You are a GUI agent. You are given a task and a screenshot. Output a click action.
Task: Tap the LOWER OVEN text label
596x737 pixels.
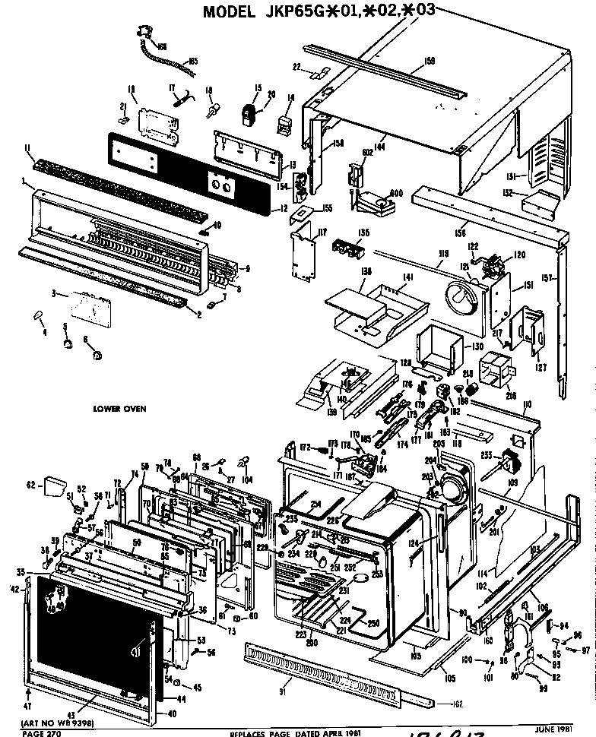119,408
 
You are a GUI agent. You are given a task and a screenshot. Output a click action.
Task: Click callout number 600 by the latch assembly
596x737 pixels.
396,193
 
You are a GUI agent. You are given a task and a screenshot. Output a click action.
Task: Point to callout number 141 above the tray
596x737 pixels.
407,280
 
